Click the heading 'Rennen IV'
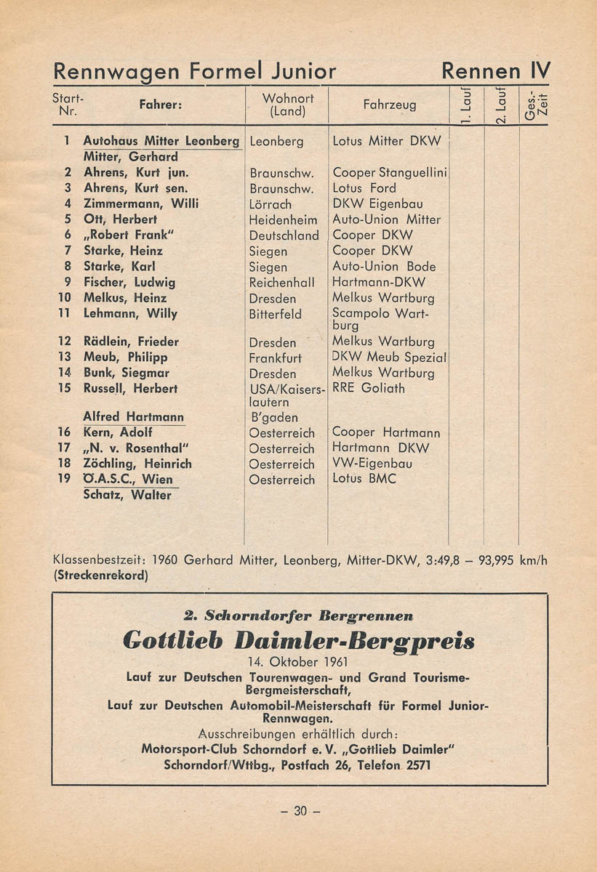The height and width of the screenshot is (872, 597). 496,71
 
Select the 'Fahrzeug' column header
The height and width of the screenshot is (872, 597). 390,105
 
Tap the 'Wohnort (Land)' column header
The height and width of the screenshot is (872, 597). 287,105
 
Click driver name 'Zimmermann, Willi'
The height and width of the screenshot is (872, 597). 141,204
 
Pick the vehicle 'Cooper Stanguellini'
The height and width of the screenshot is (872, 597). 389,173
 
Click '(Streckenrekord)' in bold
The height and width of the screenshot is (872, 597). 100,576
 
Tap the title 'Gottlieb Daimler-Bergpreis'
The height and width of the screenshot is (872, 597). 299,641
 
